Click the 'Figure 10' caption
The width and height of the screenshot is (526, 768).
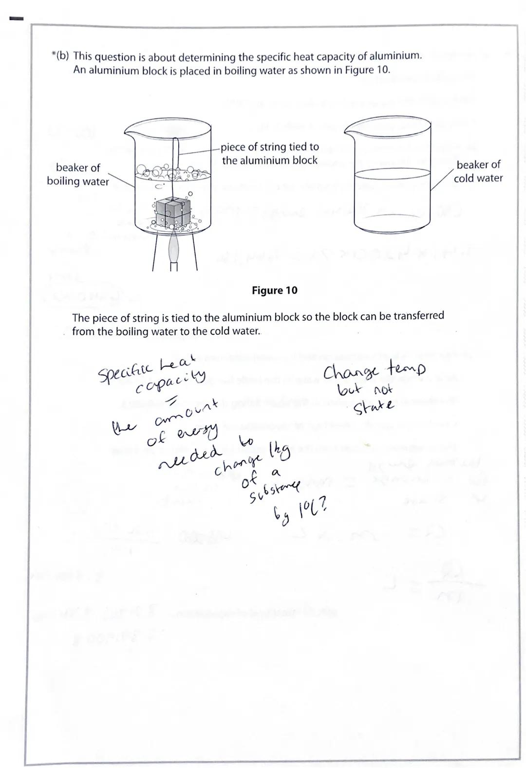point(274,291)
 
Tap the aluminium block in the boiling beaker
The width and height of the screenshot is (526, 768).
point(172,213)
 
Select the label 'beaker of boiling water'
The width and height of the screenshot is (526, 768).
point(78,174)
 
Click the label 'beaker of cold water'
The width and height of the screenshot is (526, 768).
point(478,171)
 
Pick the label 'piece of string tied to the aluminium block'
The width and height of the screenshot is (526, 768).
point(269,153)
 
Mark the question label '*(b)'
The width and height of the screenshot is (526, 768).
point(60,56)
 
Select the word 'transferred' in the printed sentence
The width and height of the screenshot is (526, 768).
point(418,316)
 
